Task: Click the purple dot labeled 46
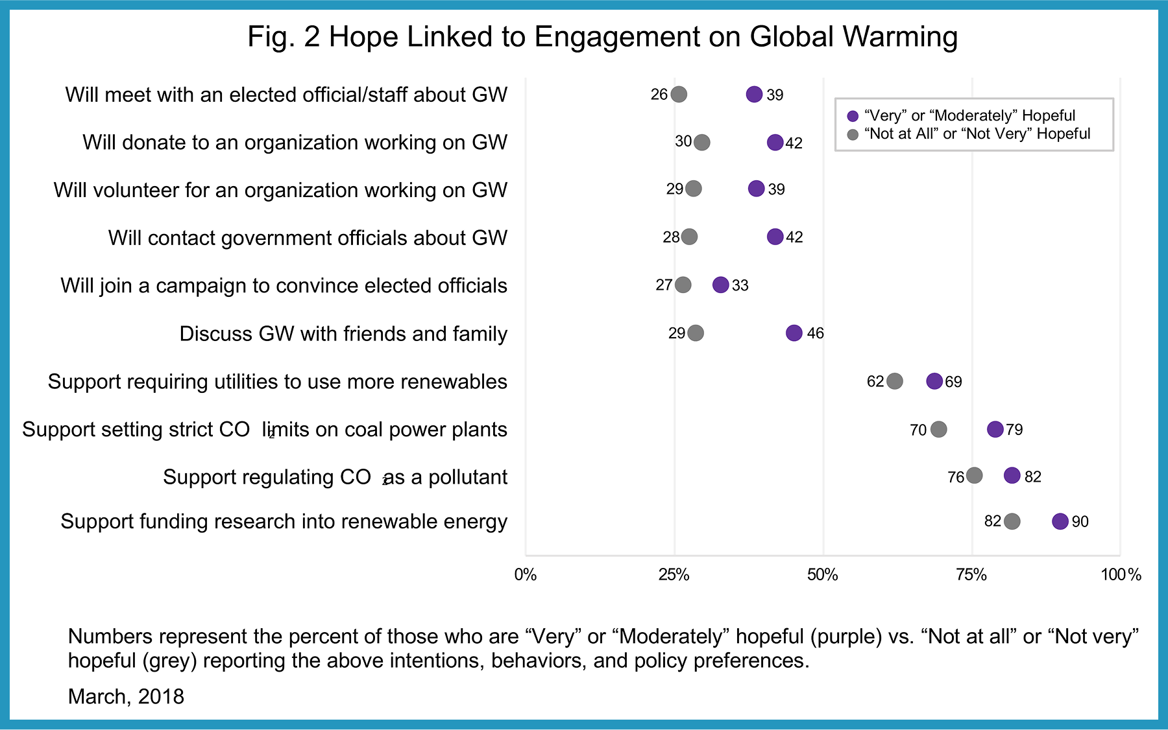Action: point(794,333)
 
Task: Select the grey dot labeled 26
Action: point(679,95)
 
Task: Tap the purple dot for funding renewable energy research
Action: point(1060,521)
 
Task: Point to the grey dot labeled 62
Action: point(894,381)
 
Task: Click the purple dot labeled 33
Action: point(720,285)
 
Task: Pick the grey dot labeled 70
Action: point(938,429)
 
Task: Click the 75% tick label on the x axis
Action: point(971,575)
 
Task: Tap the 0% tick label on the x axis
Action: point(525,575)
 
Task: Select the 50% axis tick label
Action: point(822,575)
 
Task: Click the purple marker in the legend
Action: point(853,116)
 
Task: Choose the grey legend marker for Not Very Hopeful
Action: point(853,134)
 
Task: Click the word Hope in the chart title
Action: point(364,37)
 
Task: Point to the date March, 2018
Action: point(126,696)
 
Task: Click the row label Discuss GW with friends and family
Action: point(343,334)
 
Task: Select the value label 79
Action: point(1014,430)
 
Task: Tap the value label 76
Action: point(955,478)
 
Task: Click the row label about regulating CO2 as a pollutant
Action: point(335,477)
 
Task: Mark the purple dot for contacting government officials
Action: point(775,237)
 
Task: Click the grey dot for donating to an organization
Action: point(701,143)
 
